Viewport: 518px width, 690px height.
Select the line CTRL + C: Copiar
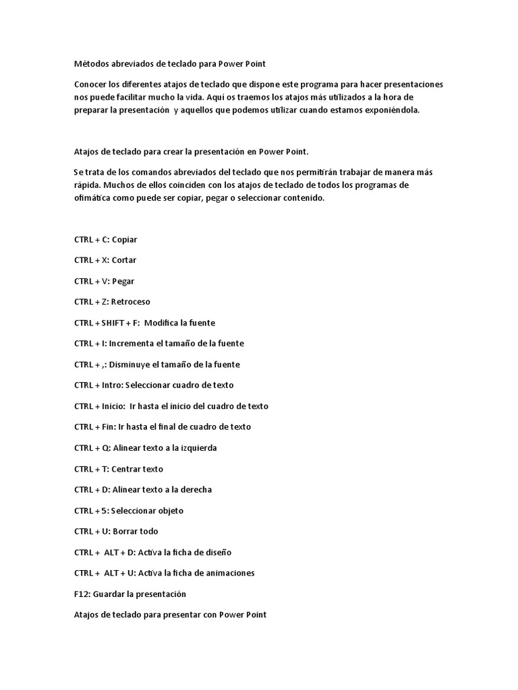coord(106,239)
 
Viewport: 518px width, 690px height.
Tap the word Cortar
coord(124,260)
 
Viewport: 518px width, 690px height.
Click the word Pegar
coord(123,281)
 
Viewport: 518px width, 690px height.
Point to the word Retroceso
coord(132,302)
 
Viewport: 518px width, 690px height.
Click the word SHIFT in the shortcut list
coord(113,323)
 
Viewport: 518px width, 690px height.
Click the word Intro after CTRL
coord(112,385)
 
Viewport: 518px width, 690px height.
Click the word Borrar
coord(126,532)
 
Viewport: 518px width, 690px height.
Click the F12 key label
coord(82,594)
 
